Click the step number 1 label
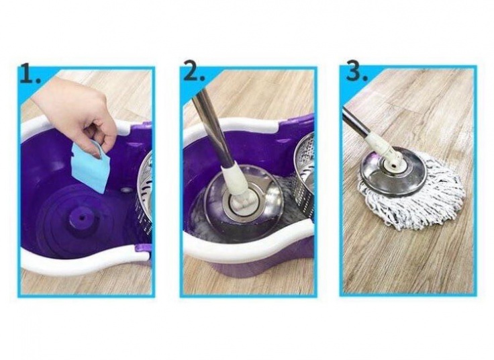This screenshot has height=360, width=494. click(30, 73)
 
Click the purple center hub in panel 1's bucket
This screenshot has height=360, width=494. click(83, 218)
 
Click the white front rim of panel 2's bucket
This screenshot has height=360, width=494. click(249, 242)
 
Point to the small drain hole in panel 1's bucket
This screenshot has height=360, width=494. click(127, 190)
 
